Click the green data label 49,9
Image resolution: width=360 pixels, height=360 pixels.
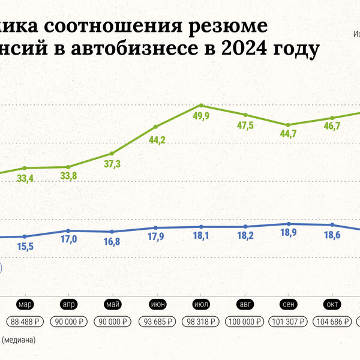pyautogui.click(x=200, y=116)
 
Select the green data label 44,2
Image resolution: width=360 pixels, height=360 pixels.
pyautogui.click(x=157, y=140)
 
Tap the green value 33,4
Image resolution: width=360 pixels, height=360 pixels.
pyautogui.click(x=25, y=178)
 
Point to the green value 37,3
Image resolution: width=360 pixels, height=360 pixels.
pyautogui.click(x=112, y=164)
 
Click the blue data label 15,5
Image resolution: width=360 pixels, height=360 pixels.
pyautogui.click(x=26, y=247)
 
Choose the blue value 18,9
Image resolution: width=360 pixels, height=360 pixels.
pyautogui.click(x=290, y=235)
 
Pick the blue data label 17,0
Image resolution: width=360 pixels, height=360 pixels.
pyautogui.click(x=69, y=239)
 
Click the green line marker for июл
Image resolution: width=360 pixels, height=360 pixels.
pyautogui.click(x=200, y=105)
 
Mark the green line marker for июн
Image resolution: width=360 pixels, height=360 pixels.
pyautogui.click(x=156, y=127)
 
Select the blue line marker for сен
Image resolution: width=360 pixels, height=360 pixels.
pyautogui.click(x=289, y=224)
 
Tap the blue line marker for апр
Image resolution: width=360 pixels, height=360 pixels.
pyautogui.click(x=68, y=230)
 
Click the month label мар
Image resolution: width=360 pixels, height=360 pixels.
pyautogui.click(x=25, y=304)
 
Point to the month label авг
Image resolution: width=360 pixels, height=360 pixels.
pyautogui.click(x=244, y=304)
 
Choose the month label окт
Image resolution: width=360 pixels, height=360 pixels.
pyautogui.click(x=332, y=304)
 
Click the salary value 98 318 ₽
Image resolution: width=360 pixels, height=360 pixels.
pyautogui.click(x=200, y=322)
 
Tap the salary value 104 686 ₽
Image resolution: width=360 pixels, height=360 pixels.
pyautogui.click(x=332, y=322)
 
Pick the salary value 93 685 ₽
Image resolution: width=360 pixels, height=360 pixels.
pyautogui.click(x=157, y=322)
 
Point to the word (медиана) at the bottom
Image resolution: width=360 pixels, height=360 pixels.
pyautogui.click(x=19, y=340)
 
